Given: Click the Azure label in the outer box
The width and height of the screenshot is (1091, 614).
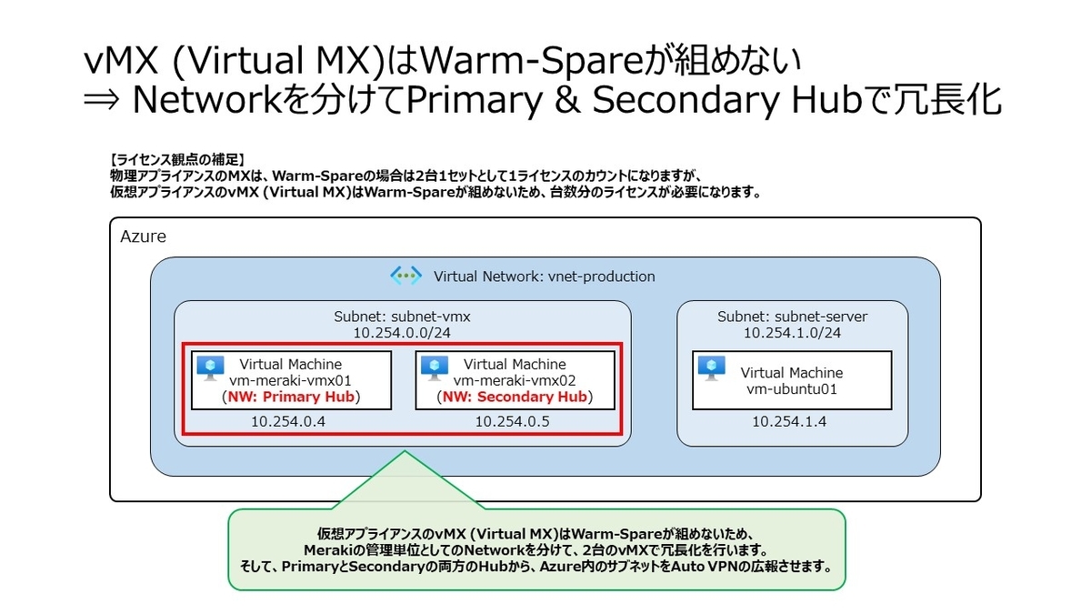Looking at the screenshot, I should click(x=143, y=237).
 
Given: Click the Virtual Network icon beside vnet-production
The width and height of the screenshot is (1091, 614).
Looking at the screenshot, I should click(x=405, y=276).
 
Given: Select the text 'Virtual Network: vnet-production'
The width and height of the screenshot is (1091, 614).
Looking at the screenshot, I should click(x=544, y=277).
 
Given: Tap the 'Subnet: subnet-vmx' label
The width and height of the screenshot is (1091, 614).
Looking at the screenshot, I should click(x=403, y=317).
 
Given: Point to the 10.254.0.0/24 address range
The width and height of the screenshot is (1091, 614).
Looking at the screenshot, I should click(x=403, y=333).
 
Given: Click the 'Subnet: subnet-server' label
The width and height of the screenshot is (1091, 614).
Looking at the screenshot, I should click(x=792, y=317).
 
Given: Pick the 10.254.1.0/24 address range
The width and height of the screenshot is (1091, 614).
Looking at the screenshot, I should click(x=792, y=333).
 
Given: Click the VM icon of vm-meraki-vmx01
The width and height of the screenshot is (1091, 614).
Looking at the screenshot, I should click(x=210, y=367).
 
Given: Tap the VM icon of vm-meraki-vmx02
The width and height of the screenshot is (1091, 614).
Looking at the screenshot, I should click(x=434, y=367).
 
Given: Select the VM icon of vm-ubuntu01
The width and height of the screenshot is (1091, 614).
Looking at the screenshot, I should click(x=711, y=367).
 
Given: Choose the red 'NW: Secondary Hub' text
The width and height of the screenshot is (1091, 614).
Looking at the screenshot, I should click(x=514, y=398).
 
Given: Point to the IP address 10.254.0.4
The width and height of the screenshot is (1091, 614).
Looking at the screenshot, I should click(x=288, y=421).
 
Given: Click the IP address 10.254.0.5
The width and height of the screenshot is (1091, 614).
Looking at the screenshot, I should click(x=512, y=421).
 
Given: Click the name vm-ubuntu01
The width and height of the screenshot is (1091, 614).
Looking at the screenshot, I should click(x=791, y=389).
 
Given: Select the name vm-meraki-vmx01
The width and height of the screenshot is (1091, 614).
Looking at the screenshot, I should click(x=290, y=381).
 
